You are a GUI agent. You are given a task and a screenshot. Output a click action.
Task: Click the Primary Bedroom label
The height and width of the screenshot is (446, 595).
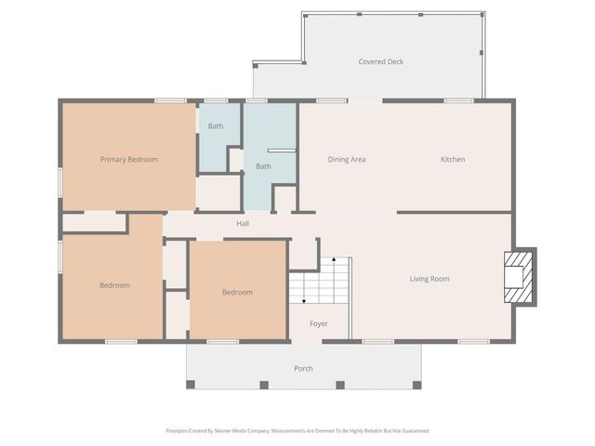tap(129, 159)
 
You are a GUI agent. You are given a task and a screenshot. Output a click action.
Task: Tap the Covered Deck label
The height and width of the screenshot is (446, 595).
tap(381, 62)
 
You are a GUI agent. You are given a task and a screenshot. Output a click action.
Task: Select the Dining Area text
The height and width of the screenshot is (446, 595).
tap(347, 159)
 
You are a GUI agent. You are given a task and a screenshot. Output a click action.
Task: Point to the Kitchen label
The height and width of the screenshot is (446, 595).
tap(453, 159)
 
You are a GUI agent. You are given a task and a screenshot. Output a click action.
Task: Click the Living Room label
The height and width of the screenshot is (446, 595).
tap(430, 279)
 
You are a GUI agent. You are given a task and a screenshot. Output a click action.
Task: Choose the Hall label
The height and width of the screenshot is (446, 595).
tap(243, 223)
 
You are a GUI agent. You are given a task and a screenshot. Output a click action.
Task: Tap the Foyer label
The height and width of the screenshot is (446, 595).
tap(319, 324)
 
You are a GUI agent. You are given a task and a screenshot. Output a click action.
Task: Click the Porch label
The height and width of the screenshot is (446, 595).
tap(303, 369)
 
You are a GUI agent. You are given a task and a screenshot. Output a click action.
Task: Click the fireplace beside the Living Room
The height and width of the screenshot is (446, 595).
tap(519, 277)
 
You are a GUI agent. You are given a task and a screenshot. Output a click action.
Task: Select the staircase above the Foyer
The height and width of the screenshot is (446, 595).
tap(319, 282)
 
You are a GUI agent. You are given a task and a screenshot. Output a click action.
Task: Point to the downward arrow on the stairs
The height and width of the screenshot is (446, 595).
tap(302, 299)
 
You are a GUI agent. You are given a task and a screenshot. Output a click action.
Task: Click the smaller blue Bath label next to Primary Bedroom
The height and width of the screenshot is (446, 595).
tap(216, 125)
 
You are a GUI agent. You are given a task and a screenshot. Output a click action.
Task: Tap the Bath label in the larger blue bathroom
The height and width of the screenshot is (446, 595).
tap(264, 166)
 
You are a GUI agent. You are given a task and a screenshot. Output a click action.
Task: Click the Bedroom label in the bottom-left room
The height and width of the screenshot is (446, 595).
tap(114, 285)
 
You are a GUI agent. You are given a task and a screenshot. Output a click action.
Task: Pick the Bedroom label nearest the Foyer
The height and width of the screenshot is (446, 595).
tap(237, 293)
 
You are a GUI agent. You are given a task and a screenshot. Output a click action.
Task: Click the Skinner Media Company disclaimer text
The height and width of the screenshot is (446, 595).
tap(297, 430)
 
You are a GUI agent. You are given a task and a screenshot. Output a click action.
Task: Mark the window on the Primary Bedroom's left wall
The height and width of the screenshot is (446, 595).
tap(61, 181)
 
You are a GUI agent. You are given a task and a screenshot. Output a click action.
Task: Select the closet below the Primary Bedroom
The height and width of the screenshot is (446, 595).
tap(94, 222)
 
